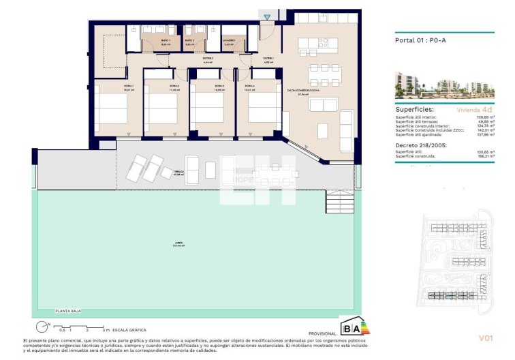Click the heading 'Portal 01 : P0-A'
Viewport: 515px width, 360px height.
pos(420,40)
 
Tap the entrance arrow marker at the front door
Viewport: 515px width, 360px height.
pos(267,17)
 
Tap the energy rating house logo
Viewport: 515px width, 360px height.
pos(354,326)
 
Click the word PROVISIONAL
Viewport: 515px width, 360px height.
pos(323,333)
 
